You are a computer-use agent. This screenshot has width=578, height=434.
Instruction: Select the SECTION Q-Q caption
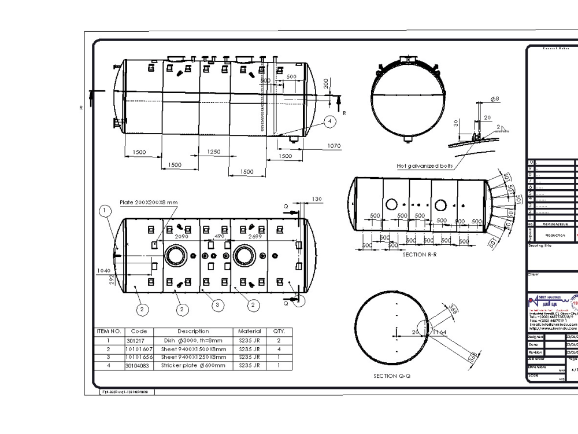point(392,376)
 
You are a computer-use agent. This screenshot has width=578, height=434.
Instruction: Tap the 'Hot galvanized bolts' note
point(424,165)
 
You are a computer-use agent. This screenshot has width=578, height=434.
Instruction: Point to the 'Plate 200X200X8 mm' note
point(149,203)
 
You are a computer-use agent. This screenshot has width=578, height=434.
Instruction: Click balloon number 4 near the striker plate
point(329,121)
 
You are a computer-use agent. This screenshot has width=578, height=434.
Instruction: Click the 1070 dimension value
point(334,146)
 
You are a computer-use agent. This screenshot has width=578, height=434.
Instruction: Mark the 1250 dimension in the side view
point(213,152)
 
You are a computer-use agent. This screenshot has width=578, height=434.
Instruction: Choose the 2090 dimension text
point(182,236)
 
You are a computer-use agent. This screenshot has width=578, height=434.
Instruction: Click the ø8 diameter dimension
point(495,100)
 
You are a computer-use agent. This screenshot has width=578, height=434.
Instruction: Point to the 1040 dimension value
point(105,271)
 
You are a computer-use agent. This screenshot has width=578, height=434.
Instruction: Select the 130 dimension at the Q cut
point(316,199)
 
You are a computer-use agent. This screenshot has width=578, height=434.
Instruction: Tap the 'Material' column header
point(250,331)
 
